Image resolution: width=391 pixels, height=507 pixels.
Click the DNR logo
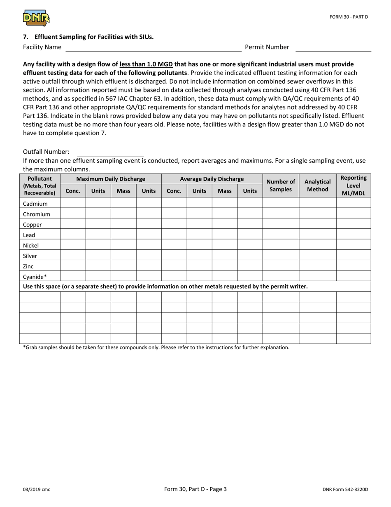(36, 18)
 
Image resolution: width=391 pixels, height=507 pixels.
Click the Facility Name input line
(153, 47)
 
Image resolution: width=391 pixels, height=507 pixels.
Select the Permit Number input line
(333, 47)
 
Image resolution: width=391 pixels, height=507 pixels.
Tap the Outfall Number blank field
(110, 152)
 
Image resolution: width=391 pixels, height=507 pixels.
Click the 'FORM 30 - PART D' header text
(348, 17)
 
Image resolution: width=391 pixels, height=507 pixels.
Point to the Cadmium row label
(35, 204)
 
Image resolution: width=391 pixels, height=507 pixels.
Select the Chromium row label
(37, 214)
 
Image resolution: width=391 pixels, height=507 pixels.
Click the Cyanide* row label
(35, 277)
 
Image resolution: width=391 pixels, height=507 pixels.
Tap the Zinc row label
(28, 266)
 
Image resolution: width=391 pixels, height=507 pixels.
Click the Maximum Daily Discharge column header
(111, 179)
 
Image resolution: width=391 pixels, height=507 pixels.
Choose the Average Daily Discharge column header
(212, 179)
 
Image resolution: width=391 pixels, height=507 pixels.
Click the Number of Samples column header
(281, 185)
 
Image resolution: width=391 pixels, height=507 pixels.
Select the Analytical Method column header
(317, 185)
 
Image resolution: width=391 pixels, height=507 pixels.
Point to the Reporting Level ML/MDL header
(354, 185)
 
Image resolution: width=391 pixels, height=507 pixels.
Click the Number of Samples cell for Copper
(281, 224)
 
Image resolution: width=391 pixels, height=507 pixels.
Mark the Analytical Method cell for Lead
(317, 235)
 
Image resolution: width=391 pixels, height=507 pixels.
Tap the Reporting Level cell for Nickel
(354, 245)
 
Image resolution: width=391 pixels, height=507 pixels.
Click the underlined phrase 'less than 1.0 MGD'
(146, 64)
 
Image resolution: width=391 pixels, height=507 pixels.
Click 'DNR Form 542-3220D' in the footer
(345, 490)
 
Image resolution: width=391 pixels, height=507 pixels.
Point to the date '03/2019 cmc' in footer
(37, 490)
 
